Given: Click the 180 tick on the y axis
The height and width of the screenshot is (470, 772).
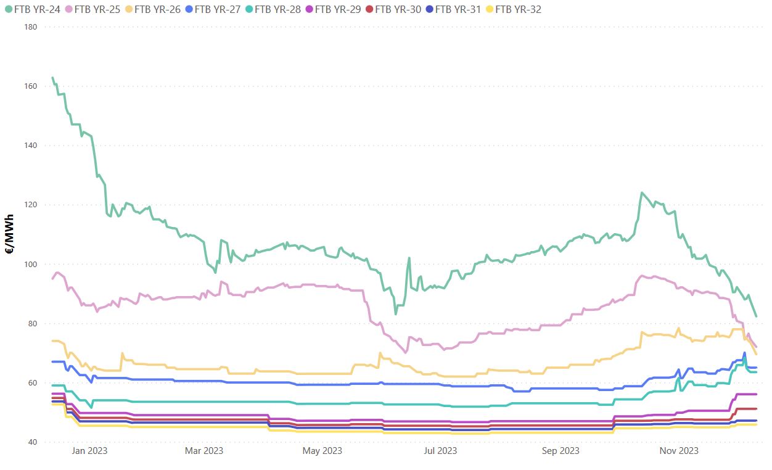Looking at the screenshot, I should pos(31,27).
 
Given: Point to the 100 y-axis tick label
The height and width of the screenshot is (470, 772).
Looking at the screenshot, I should pos(31,265).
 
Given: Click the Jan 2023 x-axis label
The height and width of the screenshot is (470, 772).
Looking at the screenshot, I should pos(89,451).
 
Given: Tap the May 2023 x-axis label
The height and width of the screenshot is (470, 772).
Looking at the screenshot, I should pos(322,451).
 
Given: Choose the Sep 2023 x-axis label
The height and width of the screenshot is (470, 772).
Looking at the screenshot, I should pos(561,451).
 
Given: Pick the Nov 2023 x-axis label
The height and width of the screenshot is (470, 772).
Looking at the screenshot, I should pos(679,451).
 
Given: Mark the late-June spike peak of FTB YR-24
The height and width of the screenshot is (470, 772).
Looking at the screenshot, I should pos(409,258).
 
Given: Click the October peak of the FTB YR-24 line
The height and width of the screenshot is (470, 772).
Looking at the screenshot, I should pos(642,192).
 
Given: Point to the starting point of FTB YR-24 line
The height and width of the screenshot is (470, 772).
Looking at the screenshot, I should pos(52,78).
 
